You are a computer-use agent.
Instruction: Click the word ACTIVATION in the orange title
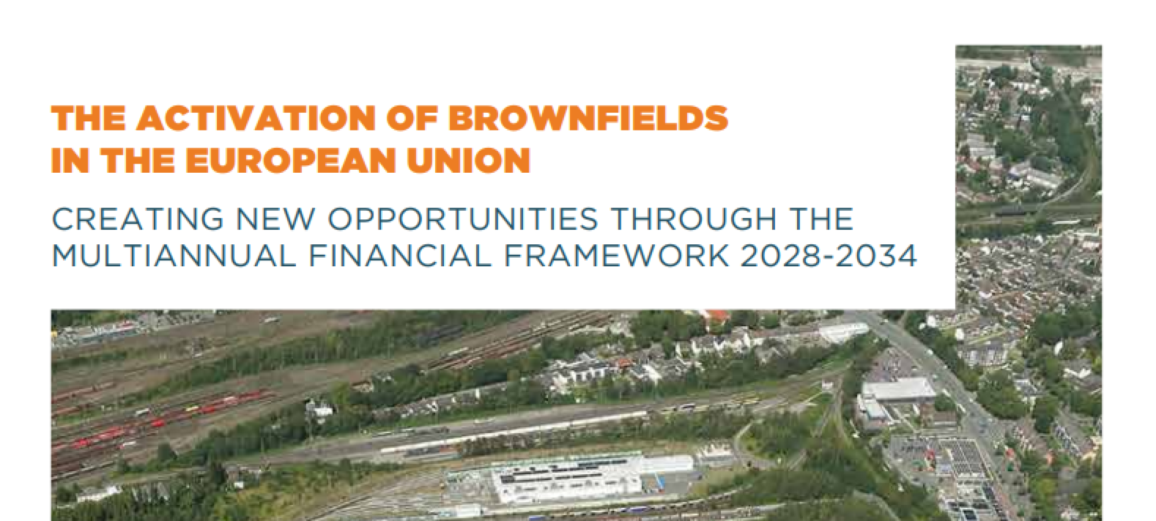point(256,118)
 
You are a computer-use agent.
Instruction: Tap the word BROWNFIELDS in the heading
point(588,118)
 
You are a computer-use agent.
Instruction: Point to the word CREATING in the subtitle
point(138,219)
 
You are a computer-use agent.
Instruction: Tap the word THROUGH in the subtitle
point(694,219)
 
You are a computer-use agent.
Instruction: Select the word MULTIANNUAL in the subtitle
point(174,256)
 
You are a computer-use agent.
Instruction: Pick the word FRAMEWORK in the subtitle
point(616,256)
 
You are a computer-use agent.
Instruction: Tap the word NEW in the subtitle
point(276,219)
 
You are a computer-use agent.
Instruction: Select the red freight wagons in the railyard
point(168,419)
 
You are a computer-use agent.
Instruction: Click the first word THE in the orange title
point(88,118)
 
